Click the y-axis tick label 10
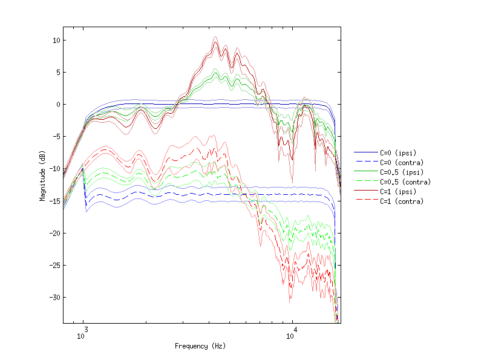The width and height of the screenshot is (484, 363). [54, 41]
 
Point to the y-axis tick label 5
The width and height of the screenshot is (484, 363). [56, 73]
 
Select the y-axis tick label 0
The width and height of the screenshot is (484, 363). [56, 105]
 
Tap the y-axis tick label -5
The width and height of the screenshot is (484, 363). [54, 137]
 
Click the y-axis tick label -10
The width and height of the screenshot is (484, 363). [53, 169]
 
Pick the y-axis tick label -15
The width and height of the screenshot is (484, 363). [53, 201]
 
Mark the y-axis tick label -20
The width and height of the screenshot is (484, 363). [53, 233]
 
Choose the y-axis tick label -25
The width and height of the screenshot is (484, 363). [53, 265]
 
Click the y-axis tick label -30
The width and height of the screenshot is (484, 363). [53, 297]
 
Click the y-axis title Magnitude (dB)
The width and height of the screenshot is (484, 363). [43, 175]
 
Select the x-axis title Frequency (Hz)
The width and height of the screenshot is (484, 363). [200, 347]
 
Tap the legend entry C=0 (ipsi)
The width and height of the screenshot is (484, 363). [399, 153]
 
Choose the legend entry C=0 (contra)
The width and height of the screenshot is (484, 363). [402, 163]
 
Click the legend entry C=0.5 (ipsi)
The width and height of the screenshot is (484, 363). [402, 172]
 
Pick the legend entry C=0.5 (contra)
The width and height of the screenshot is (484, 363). [404, 182]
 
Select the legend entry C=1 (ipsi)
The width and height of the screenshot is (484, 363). [399, 192]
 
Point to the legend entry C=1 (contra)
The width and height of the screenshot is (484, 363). [402, 201]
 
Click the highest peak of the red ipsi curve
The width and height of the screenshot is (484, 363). [215, 42]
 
